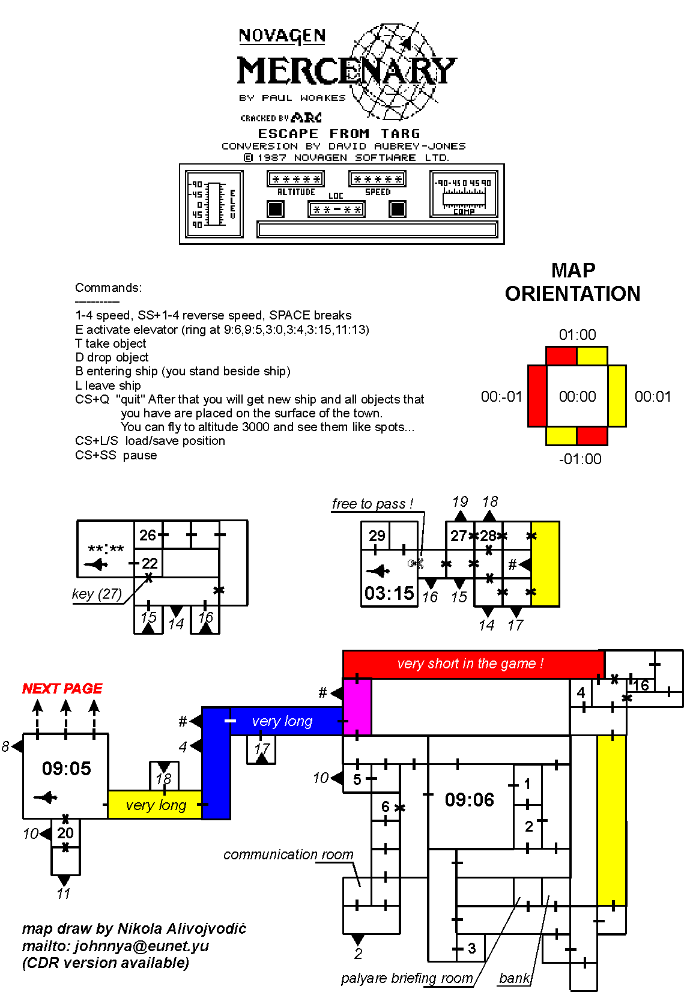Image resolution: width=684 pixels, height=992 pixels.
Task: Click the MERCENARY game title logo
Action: pyautogui.click(x=346, y=71)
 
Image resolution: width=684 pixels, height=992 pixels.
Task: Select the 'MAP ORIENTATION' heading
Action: pyautogui.click(x=572, y=282)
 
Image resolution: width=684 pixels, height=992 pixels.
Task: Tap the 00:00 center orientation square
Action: pyautogui.click(x=577, y=396)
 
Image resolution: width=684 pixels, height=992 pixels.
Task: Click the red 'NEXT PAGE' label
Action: pyautogui.click(x=62, y=688)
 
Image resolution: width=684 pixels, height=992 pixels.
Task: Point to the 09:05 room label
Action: pyautogui.click(x=66, y=768)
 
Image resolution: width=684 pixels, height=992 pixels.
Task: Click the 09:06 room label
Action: pyautogui.click(x=469, y=799)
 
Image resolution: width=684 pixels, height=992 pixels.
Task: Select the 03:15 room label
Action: pyautogui.click(x=389, y=593)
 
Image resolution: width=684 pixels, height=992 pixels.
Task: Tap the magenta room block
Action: pyautogui.click(x=357, y=706)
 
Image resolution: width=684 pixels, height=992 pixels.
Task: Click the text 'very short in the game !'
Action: pyautogui.click(x=470, y=664)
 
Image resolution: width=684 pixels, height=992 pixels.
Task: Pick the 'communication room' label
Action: pyautogui.click(x=288, y=854)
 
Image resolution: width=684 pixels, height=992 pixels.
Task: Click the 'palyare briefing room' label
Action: pyautogui.click(x=407, y=978)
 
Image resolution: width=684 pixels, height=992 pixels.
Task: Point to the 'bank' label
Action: pyautogui.click(x=514, y=978)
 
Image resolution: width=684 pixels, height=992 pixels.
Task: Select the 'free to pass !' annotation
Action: pyautogui.click(x=372, y=504)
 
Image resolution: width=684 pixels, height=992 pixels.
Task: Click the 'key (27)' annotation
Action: pyautogui.click(x=97, y=594)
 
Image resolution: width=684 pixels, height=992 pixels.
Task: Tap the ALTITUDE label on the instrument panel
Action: pyautogui.click(x=296, y=192)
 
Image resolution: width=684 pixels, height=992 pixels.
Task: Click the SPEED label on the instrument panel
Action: pyautogui.click(x=378, y=192)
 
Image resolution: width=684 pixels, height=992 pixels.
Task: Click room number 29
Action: pyautogui.click(x=377, y=536)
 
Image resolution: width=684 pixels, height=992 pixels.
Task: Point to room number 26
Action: pyautogui.click(x=147, y=535)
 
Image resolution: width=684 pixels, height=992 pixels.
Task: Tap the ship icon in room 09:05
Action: pyautogui.click(x=45, y=797)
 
